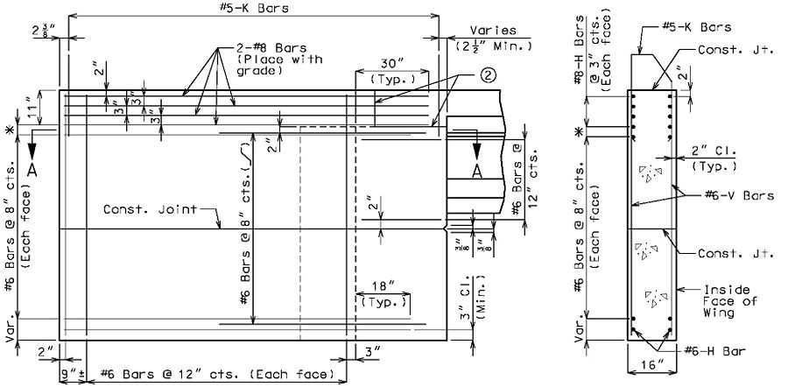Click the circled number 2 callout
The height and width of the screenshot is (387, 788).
pos(489,75)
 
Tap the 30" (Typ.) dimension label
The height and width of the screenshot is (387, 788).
pos(392,70)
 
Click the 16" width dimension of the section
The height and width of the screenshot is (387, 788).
pos(651,365)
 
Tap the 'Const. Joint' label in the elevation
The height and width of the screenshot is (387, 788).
pos(150,208)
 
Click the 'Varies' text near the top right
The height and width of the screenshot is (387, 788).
pos(492,30)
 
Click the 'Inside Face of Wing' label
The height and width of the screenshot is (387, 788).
pos(727,301)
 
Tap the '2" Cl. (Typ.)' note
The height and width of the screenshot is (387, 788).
pos(714,158)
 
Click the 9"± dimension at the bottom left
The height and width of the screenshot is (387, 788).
pos(73,374)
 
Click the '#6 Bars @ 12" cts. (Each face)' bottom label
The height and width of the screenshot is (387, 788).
pos(216,374)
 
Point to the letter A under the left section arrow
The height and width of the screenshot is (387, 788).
pos(32,171)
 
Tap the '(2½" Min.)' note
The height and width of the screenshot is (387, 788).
pos(493,46)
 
